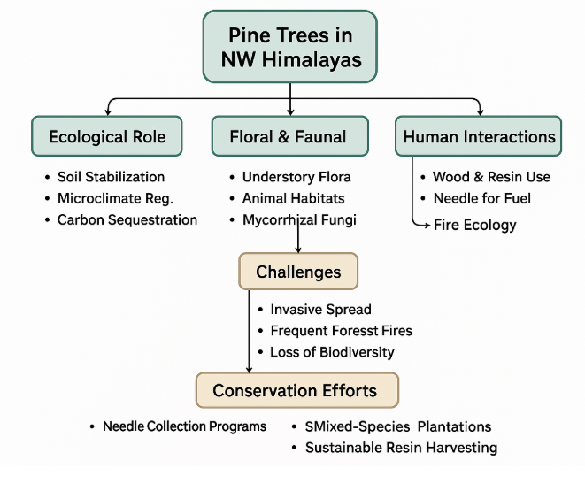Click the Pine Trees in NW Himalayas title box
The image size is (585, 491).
pyautogui.click(x=290, y=49)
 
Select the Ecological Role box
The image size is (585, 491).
pyautogui.click(x=106, y=136)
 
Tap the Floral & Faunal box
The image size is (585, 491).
pyautogui.click(x=290, y=136)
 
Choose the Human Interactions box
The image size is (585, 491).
pyautogui.click(x=479, y=136)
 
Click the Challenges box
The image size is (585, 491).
pyautogui.click(x=298, y=272)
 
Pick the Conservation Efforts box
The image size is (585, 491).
pyautogui.click(x=296, y=390)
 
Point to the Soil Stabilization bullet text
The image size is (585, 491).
pyautogui.click(x=111, y=177)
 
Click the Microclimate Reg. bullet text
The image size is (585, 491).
pyautogui.click(x=115, y=198)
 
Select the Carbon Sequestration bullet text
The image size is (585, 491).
pyautogui.click(x=127, y=219)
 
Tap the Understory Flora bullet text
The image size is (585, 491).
pyautogui.click(x=296, y=177)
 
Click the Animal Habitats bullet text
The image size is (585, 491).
pyautogui.click(x=293, y=198)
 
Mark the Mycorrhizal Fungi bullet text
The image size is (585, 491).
pyautogui.click(x=299, y=219)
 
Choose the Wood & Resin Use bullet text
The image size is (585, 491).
pyautogui.click(x=490, y=177)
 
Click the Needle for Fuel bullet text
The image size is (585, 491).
pyautogui.click(x=481, y=198)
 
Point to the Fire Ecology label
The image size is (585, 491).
pyautogui.click(x=474, y=225)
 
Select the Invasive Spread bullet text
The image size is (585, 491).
pyautogui.click(x=320, y=310)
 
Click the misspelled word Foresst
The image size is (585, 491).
pyautogui.click(x=361, y=331)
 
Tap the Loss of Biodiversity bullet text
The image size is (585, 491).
pyautogui.click(x=332, y=352)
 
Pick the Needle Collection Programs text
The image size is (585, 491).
pyautogui.click(x=184, y=426)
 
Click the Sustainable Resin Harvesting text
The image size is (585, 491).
pyautogui.click(x=401, y=448)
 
